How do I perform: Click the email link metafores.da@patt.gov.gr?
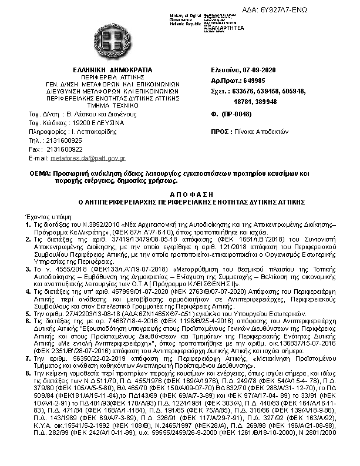pos(88,158)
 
